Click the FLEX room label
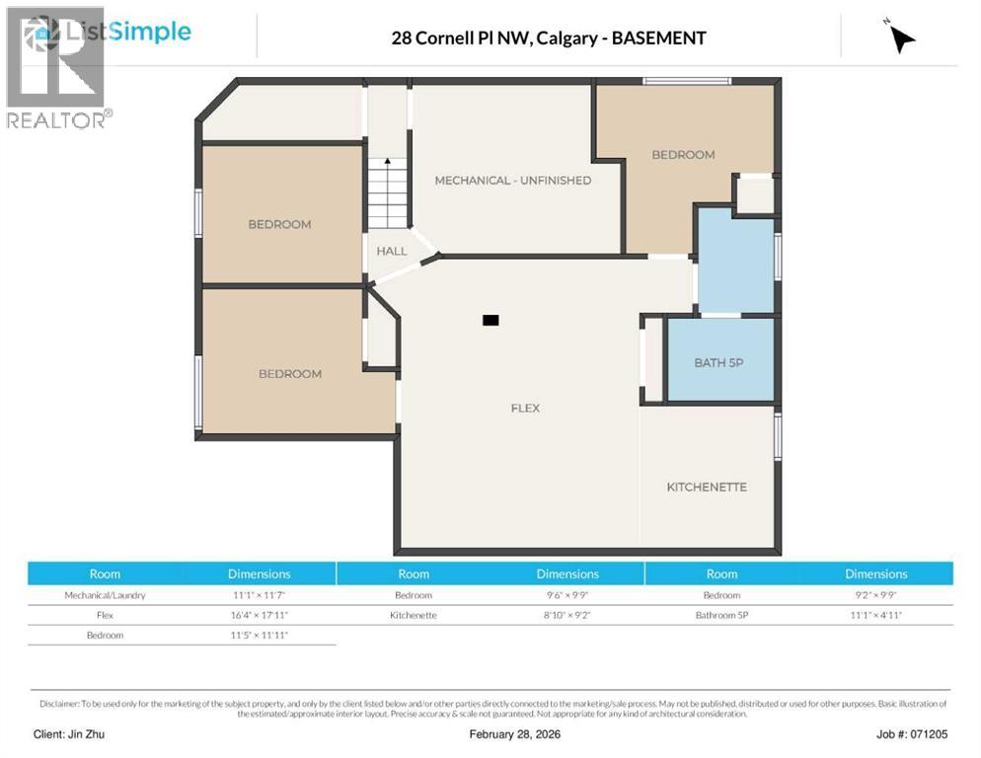click(x=525, y=408)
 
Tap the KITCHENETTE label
click(x=706, y=487)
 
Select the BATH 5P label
click(x=717, y=362)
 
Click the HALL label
click(x=391, y=251)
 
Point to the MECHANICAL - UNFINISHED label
click(x=512, y=180)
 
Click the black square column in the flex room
click(x=490, y=320)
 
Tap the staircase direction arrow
click(x=388, y=163)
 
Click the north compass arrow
click(x=900, y=38)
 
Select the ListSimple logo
click(x=113, y=32)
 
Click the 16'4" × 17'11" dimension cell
click(x=259, y=615)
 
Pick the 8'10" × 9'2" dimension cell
click(x=567, y=615)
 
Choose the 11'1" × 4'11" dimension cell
click(x=875, y=615)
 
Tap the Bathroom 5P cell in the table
click(x=721, y=615)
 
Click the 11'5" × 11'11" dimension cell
click(x=259, y=635)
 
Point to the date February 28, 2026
click(x=518, y=734)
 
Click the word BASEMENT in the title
click(x=658, y=38)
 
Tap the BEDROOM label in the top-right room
click(x=682, y=154)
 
